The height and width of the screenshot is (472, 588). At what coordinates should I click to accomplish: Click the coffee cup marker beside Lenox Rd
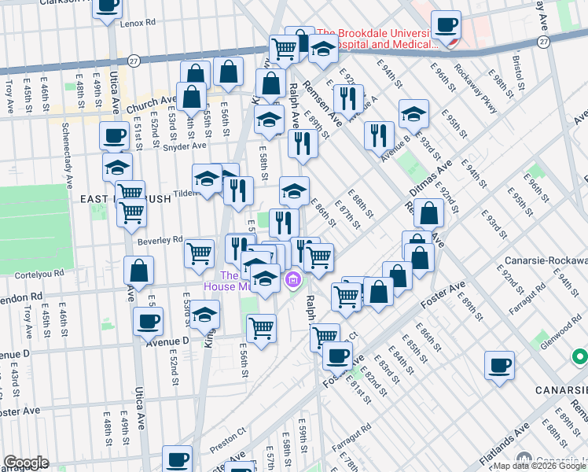click(x=107, y=6)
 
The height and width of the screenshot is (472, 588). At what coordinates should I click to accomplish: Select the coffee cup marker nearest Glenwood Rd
click(x=499, y=366)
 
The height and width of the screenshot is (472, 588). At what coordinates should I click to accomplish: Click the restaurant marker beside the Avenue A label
click(x=346, y=99)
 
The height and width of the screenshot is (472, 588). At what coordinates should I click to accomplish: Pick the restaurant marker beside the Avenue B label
click(x=379, y=135)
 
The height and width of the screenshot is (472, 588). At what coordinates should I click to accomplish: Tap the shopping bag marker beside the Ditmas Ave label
click(x=429, y=213)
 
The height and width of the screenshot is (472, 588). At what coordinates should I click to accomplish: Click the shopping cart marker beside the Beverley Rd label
click(x=200, y=253)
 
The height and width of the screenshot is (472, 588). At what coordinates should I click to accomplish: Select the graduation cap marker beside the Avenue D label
click(x=204, y=315)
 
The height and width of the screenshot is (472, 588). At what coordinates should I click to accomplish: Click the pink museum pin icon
click(x=293, y=279)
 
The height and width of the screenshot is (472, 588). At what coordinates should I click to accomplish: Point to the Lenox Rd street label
click(x=138, y=24)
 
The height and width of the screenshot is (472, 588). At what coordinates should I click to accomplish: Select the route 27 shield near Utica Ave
click(x=134, y=61)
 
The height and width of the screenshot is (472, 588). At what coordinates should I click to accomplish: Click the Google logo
click(x=26, y=463)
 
